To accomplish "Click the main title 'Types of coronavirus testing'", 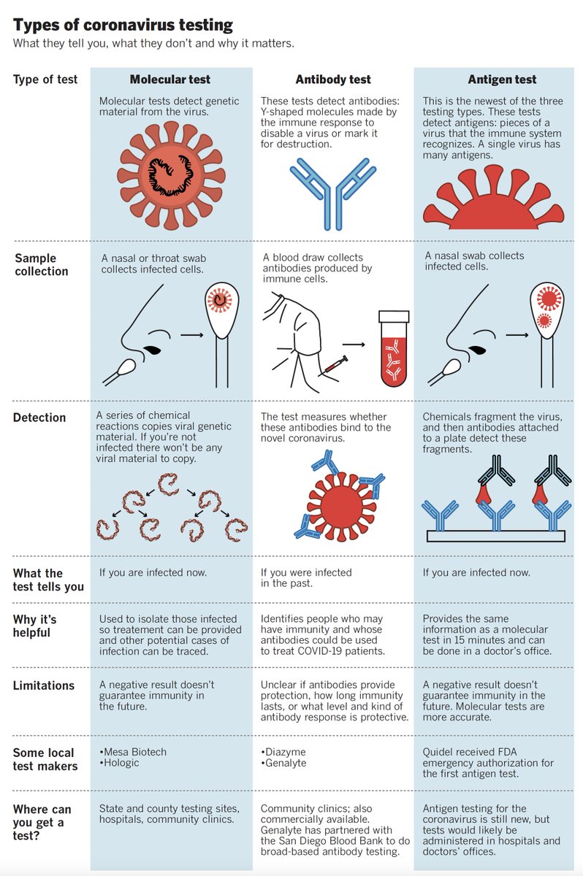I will tap(123, 26).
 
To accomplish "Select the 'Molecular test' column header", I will tap(170, 80).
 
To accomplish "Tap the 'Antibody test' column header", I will tap(333, 80).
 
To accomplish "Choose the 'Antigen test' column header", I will tap(502, 80).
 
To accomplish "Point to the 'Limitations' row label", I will tap(44, 685).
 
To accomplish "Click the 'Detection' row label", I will tap(39, 418).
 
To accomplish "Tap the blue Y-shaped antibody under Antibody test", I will tap(332, 191).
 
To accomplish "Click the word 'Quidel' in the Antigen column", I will tap(440, 752).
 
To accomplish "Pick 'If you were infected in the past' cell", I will tap(306, 578).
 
